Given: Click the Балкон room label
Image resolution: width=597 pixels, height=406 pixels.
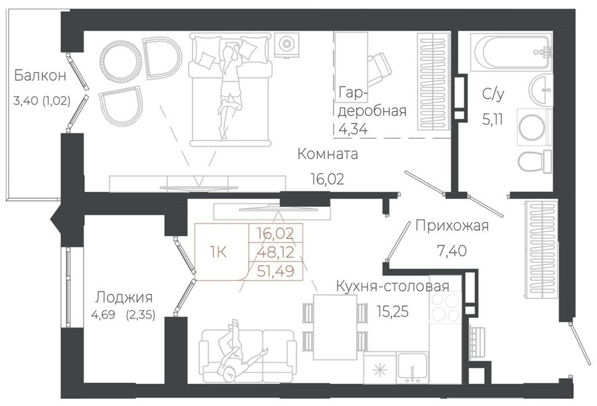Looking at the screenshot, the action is [40, 76].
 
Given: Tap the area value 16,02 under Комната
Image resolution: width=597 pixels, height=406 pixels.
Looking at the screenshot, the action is [328, 178].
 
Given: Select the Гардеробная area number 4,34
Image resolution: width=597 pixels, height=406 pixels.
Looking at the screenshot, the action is [353, 129].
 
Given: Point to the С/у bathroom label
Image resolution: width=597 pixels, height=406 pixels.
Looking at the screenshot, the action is [493, 94].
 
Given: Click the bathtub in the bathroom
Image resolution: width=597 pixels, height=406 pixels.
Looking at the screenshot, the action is [511, 52].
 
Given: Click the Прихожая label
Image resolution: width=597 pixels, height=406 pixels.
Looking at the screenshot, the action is [452, 226].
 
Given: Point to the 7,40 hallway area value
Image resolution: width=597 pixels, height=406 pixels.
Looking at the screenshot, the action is [452, 251].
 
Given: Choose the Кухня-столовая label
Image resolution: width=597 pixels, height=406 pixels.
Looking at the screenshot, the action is [393, 286].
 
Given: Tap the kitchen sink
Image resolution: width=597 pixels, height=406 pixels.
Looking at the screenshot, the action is [413, 368].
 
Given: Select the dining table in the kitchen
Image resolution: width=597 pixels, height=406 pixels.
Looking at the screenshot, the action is [335, 327].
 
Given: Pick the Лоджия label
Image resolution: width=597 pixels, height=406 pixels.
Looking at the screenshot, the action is [124, 297].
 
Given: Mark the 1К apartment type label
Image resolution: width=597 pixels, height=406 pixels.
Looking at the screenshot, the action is [218, 251].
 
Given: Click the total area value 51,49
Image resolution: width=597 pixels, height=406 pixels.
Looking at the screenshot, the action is [276, 271].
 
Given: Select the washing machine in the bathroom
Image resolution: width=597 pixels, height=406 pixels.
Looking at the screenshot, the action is [535, 127].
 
